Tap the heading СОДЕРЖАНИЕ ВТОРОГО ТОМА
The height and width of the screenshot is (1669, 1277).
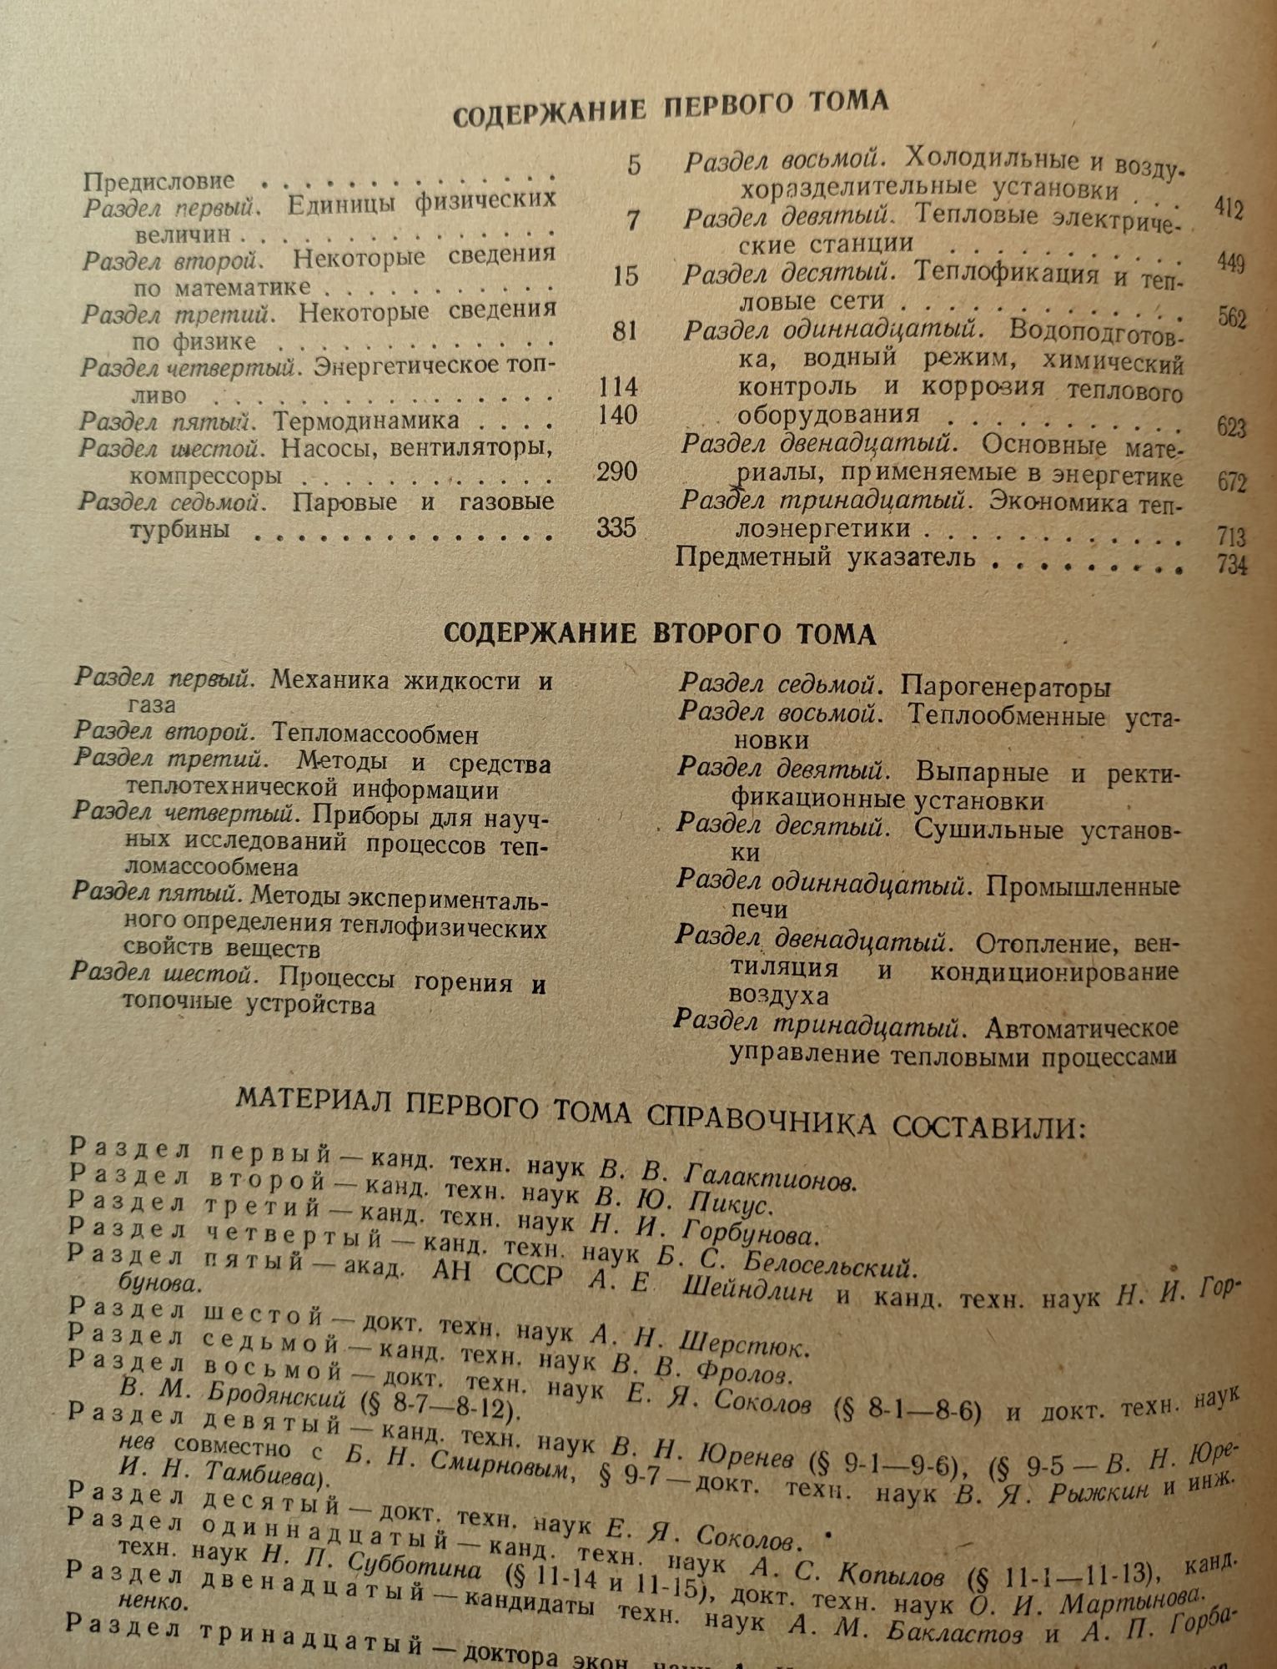659,634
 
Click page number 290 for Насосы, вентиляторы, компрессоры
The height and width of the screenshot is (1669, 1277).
617,472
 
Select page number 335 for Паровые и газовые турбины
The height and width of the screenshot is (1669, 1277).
616,527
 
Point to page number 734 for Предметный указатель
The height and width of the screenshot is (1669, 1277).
1232,565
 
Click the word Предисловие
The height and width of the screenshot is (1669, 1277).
159,180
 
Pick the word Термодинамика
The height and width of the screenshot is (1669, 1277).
366,418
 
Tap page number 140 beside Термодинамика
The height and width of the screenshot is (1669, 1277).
618,416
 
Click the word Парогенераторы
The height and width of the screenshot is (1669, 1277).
1006,688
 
